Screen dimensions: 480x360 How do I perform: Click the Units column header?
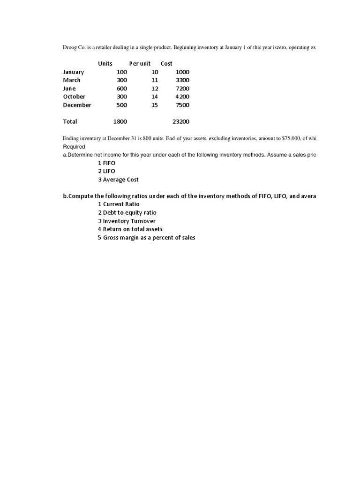coord(105,64)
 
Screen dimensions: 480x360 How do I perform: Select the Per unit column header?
coord(140,64)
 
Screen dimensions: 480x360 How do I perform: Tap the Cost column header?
coord(166,64)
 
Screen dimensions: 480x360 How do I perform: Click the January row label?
coord(74,72)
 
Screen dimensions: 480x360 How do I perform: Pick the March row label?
coord(72,80)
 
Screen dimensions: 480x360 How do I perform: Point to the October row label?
coord(74,97)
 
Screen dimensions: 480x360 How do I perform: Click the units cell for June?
coord(121,89)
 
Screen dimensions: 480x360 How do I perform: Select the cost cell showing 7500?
coord(182,105)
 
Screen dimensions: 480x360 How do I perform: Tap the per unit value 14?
coord(155,97)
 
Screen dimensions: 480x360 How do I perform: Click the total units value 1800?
coord(120,121)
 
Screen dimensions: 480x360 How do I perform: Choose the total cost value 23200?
coord(181,121)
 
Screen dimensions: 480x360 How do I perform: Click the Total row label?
coord(70,121)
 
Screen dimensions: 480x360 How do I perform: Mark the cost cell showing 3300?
coord(182,80)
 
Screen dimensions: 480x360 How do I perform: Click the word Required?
coord(74,147)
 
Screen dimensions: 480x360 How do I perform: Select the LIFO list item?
coord(106,171)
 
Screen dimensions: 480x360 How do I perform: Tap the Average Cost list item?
coord(118,180)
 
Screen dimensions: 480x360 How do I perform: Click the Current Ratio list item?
coord(119,204)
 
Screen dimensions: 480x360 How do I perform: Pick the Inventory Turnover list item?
coord(127,221)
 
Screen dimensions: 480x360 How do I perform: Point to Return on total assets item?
coord(130,229)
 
